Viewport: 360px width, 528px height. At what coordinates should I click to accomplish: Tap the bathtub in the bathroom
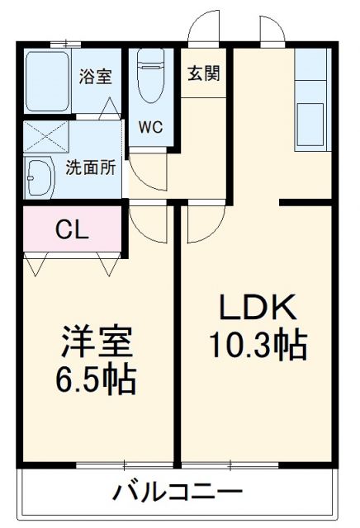(48, 79)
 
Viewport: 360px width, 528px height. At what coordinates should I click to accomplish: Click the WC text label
(150, 128)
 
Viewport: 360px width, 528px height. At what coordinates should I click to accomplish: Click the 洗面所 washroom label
(91, 164)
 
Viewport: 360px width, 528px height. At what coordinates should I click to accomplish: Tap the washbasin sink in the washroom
(38, 176)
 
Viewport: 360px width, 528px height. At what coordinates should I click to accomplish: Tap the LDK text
(257, 308)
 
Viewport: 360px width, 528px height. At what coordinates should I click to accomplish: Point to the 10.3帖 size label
(257, 345)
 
